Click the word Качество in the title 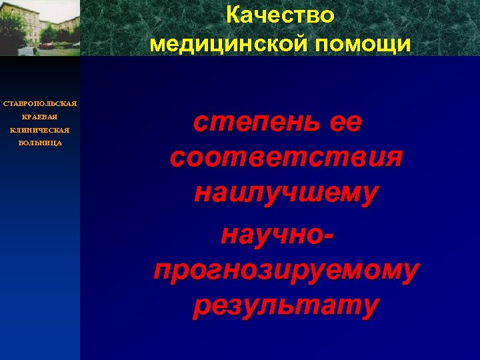click(x=280, y=15)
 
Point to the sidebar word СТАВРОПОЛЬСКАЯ click(x=40, y=103)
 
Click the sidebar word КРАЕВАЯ click(x=40, y=117)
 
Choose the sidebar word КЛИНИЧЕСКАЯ click(x=40, y=130)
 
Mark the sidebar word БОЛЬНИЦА click(x=40, y=143)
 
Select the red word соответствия click(x=286, y=158)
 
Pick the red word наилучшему click(x=286, y=193)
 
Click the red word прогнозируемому click(x=286, y=270)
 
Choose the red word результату click(x=286, y=305)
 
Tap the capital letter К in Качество click(x=233, y=15)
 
